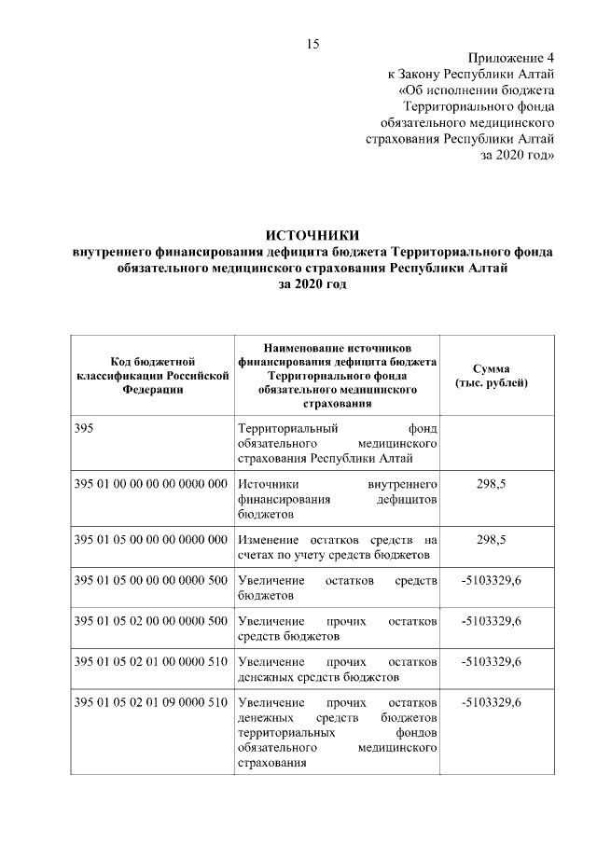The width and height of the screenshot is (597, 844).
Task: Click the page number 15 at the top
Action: coord(312,44)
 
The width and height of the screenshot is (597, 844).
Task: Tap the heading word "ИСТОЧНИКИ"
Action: coord(312,235)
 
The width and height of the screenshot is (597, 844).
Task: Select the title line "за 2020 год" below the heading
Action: coord(312,285)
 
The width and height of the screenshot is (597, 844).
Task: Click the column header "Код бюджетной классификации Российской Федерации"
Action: coord(151,375)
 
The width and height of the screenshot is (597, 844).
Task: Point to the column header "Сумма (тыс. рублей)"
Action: coord(491,375)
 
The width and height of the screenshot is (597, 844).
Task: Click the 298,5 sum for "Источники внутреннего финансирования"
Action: coord(491,486)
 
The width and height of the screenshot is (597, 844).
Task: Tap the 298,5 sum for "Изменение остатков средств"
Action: coord(491,540)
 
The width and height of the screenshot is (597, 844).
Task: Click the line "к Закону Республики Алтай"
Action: coord(471,74)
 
